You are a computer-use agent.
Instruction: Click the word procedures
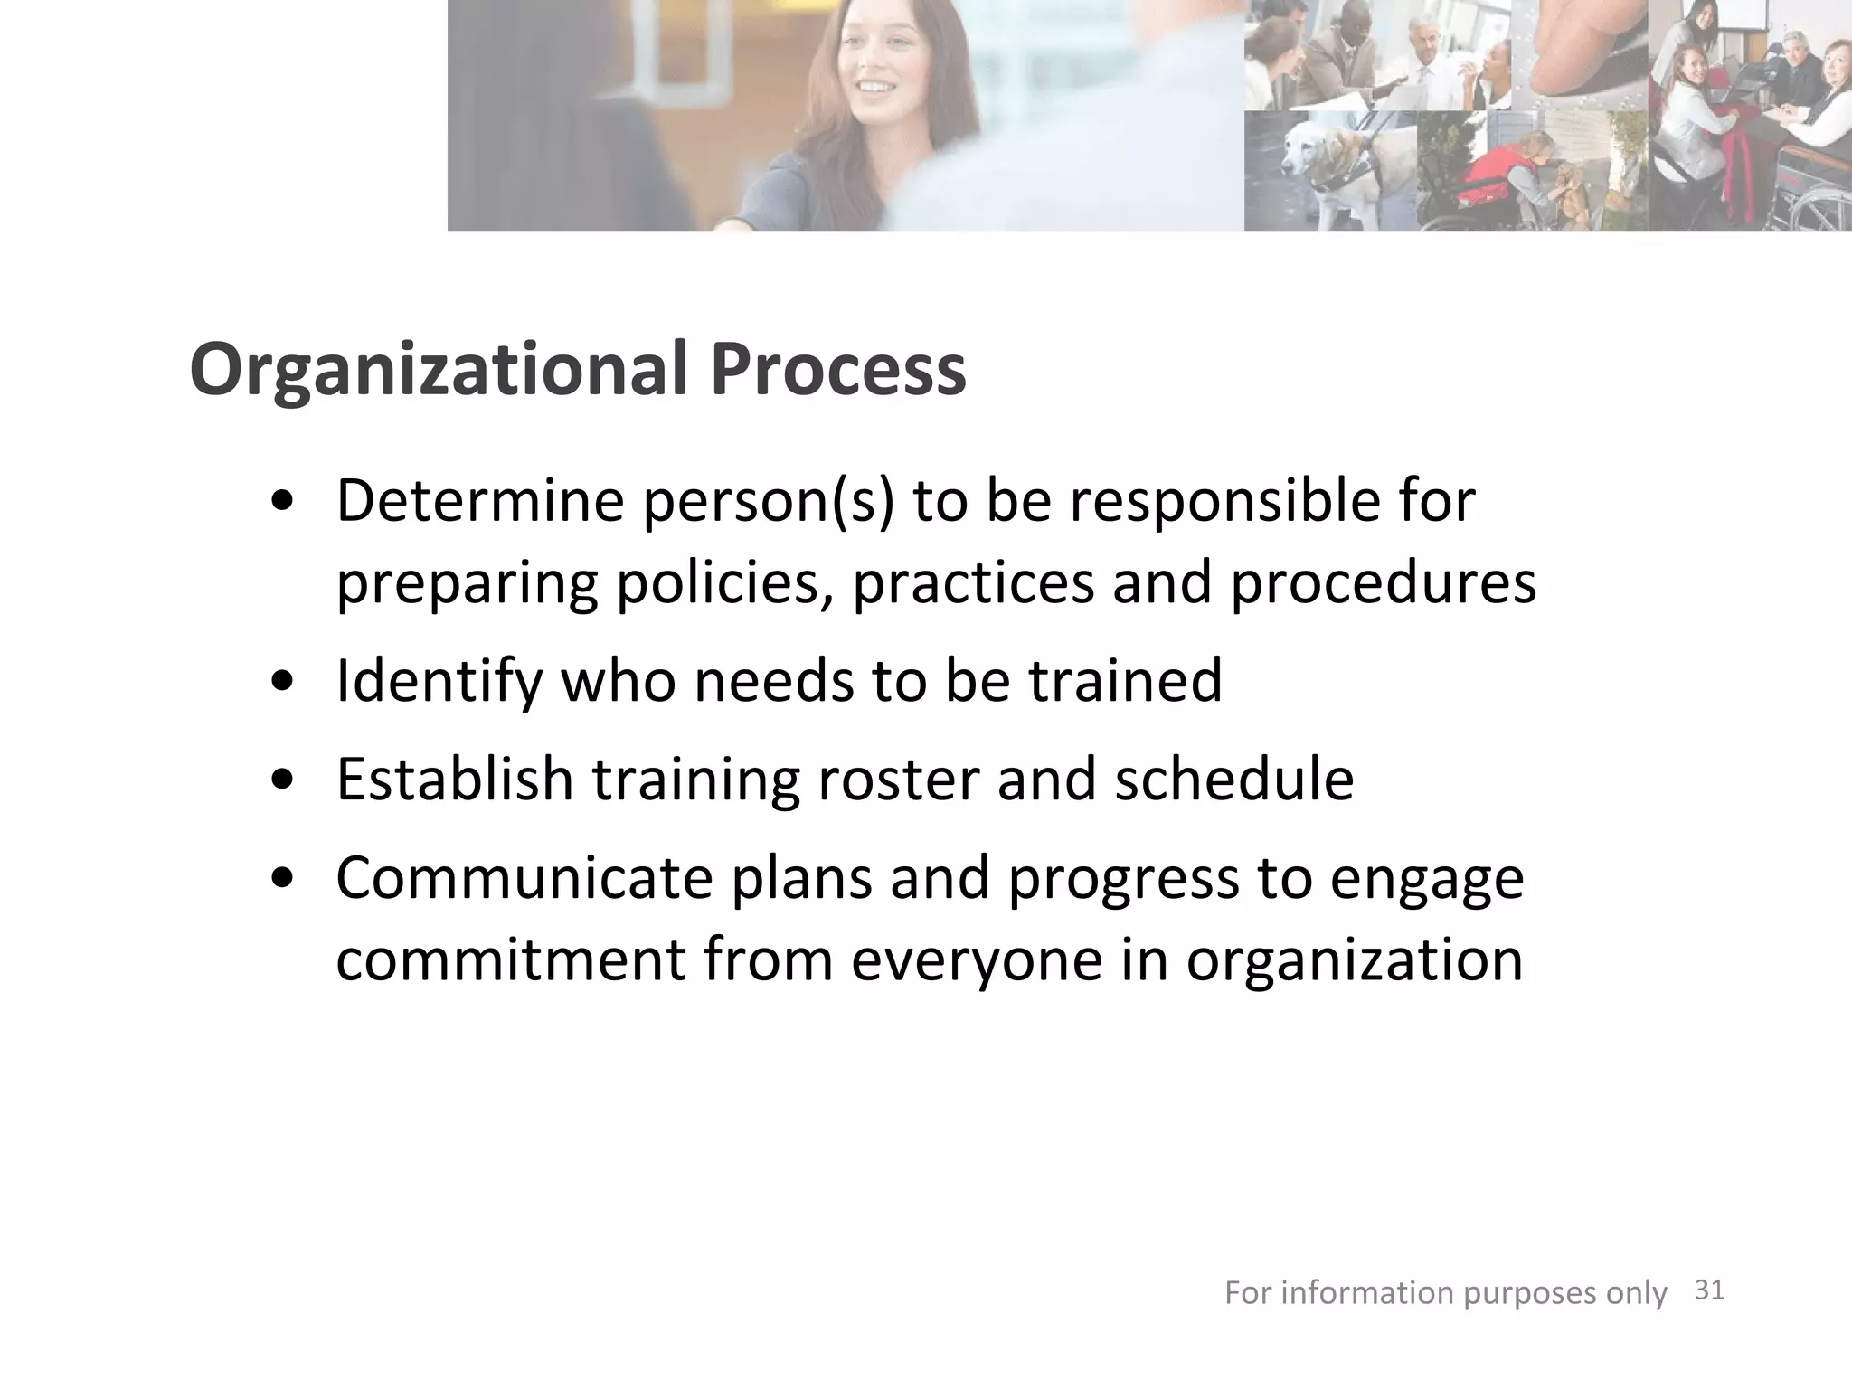tap(1383, 583)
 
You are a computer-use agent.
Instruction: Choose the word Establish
tap(455, 779)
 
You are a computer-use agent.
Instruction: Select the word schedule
tap(1234, 779)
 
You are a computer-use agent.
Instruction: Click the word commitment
tap(510, 960)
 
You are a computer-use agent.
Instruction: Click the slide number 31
tap(1708, 1290)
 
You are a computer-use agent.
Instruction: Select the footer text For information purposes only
tap(1445, 1293)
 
